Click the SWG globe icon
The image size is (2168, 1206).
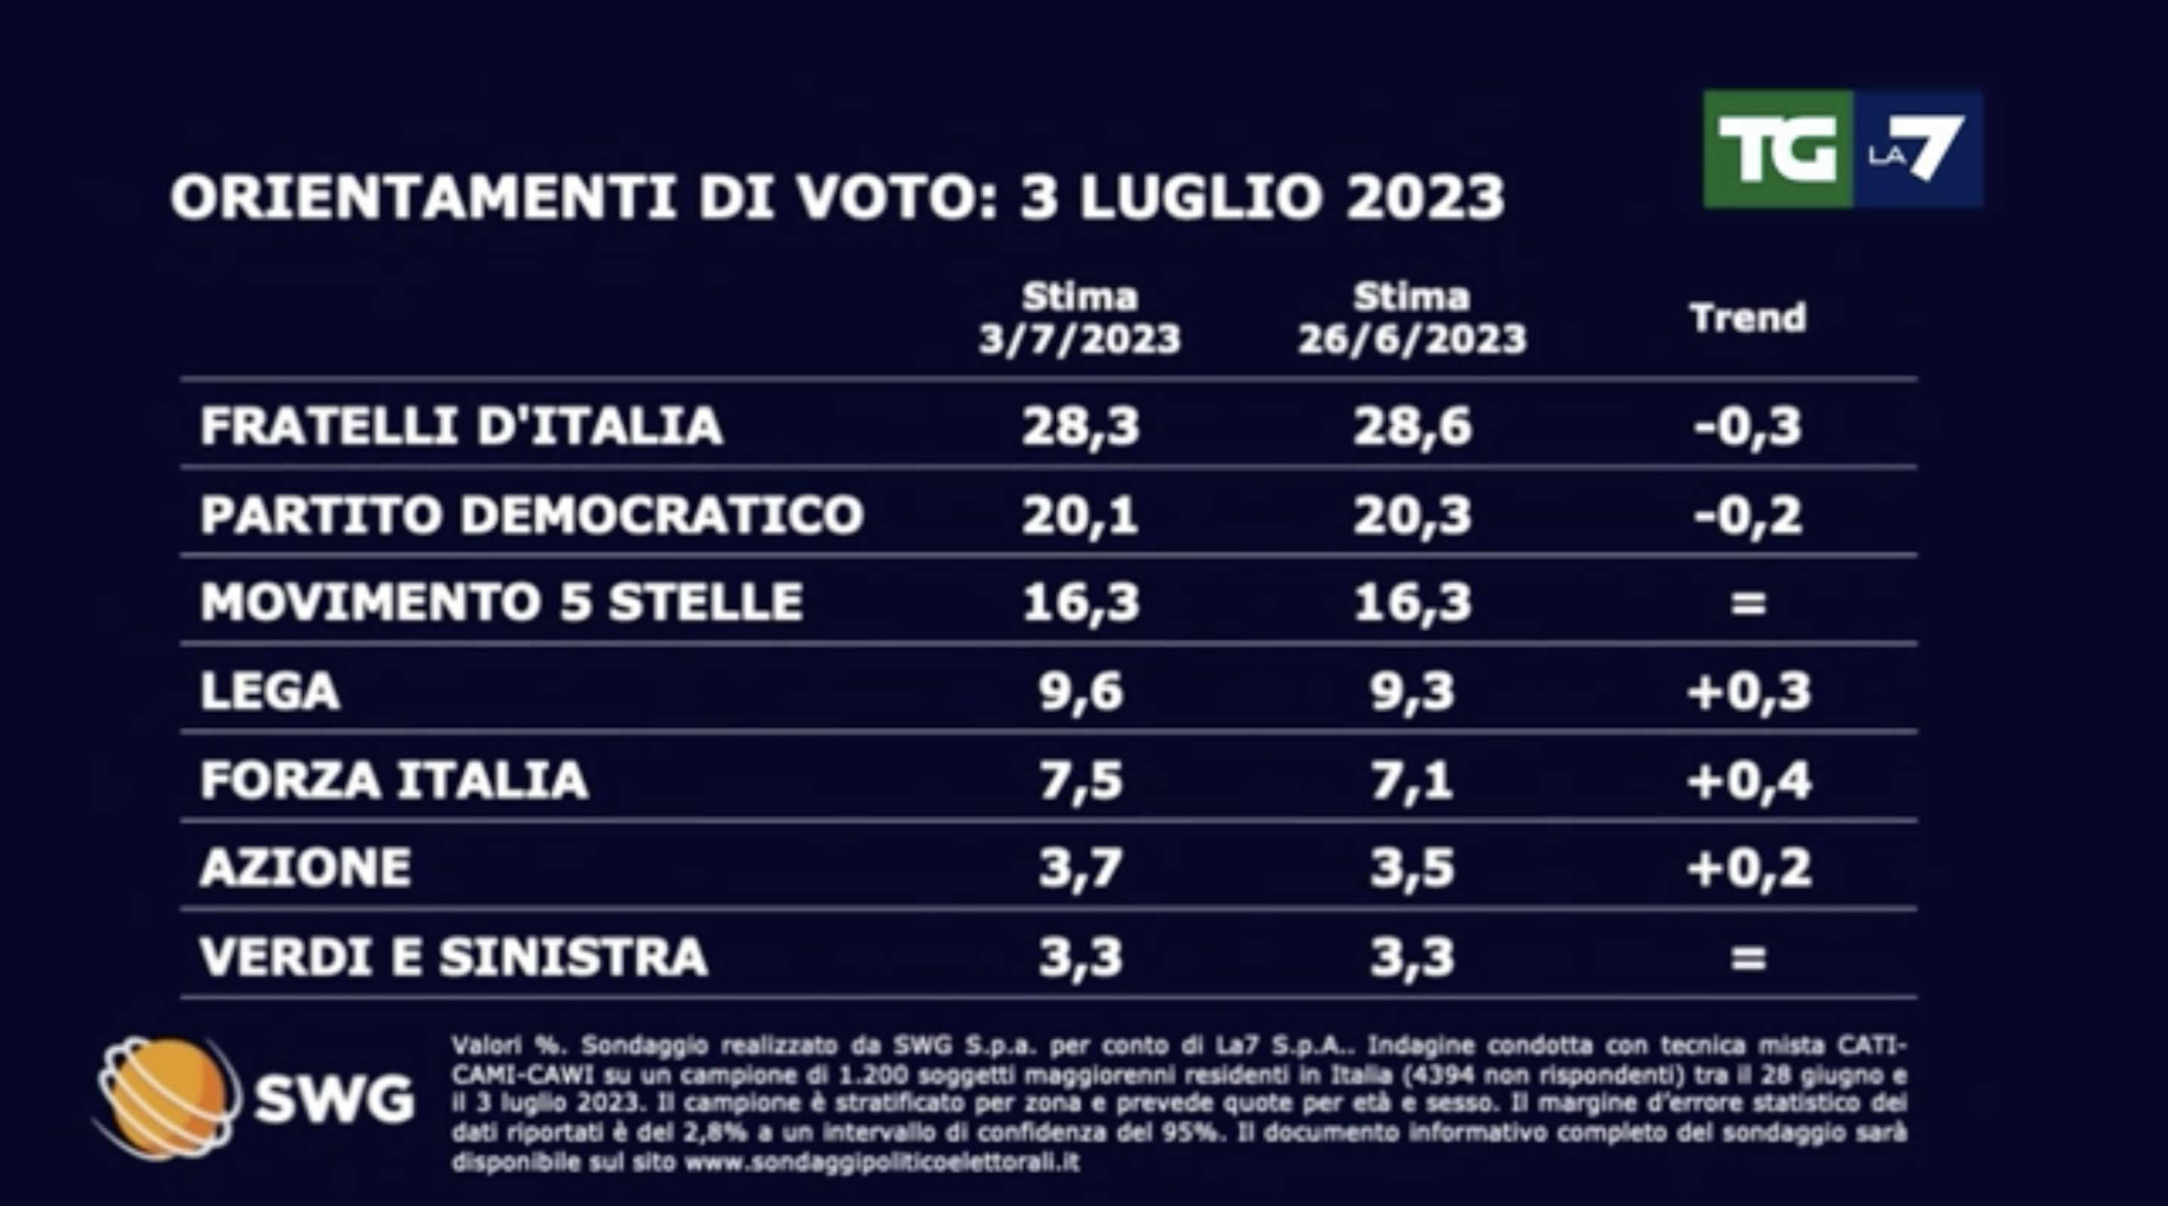(x=164, y=1097)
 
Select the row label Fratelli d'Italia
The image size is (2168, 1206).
(x=461, y=425)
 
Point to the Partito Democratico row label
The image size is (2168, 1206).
(x=532, y=514)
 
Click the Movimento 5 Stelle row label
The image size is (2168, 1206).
(x=501, y=602)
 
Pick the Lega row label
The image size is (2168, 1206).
(x=270, y=691)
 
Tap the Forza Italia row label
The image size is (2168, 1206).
(x=394, y=780)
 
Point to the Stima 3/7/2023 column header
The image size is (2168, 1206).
(x=1079, y=319)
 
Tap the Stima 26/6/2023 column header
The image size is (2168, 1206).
(x=1412, y=319)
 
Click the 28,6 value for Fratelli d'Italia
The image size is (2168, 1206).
(x=1412, y=425)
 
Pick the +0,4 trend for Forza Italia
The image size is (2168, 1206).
(x=1748, y=780)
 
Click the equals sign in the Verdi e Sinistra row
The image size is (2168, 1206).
(x=1748, y=957)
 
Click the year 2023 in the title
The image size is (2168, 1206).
(x=1425, y=198)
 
